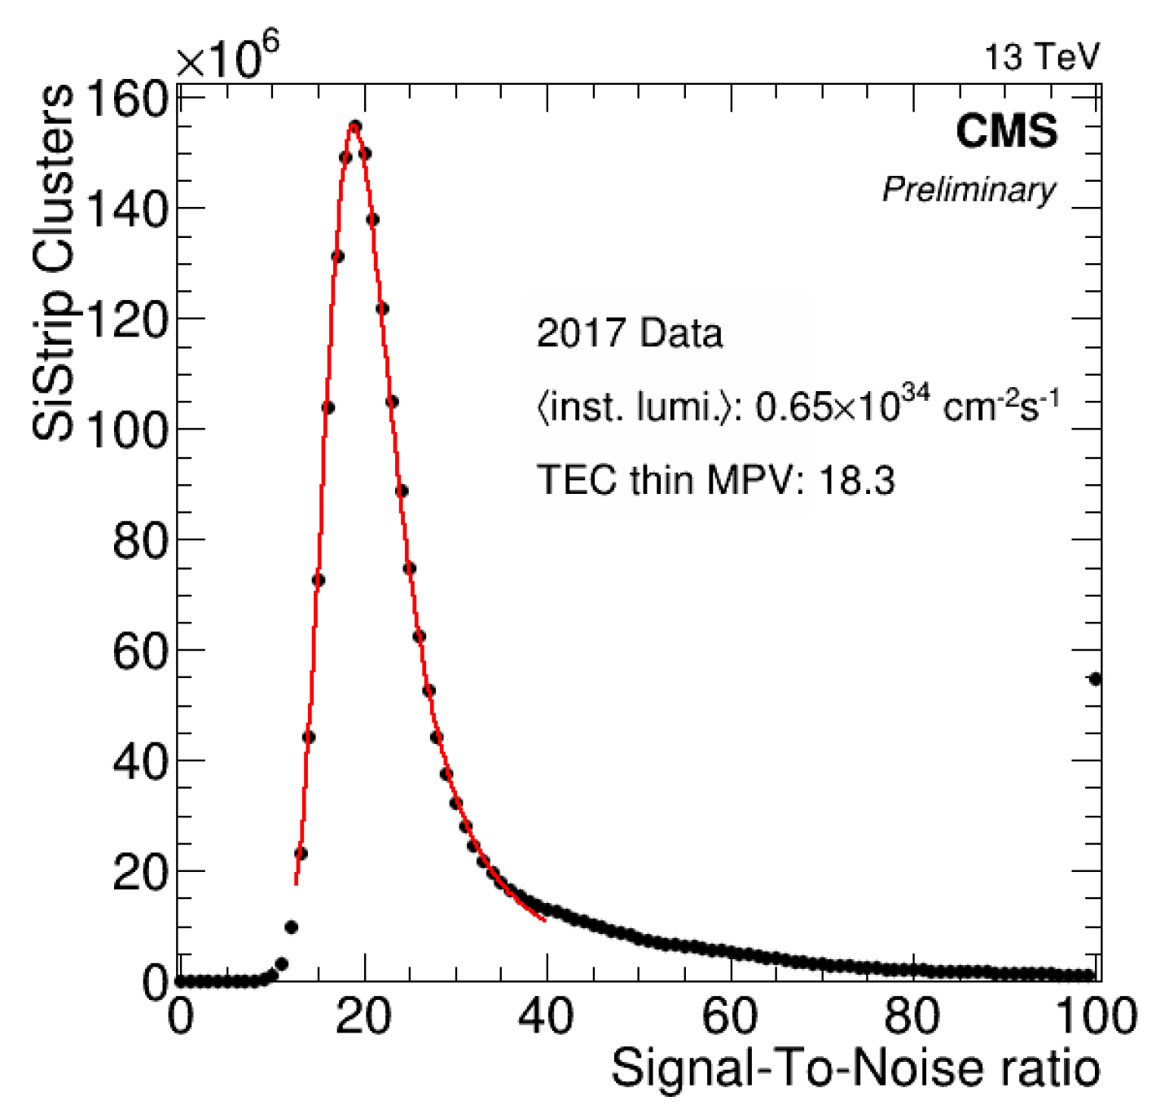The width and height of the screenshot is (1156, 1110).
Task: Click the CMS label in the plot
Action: [x=1006, y=131]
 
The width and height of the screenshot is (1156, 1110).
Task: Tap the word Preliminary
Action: [x=969, y=190]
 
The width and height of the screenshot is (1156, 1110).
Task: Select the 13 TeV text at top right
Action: [x=1042, y=57]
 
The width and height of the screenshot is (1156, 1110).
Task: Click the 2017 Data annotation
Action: [x=629, y=333]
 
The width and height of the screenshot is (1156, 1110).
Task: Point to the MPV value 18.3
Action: [x=856, y=480]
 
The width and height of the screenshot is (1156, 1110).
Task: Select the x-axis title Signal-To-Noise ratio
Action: [x=855, y=1068]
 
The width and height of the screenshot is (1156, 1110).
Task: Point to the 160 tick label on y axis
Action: [x=126, y=99]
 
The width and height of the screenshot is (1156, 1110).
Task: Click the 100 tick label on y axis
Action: [x=126, y=429]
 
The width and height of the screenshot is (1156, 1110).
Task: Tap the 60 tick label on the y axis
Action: [x=139, y=650]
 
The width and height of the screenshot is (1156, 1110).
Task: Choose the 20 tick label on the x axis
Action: [x=363, y=1016]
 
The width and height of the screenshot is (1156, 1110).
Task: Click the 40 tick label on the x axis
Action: [x=547, y=1016]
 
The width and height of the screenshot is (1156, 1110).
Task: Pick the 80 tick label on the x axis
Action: [x=913, y=1016]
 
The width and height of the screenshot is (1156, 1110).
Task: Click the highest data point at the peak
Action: [x=354, y=126]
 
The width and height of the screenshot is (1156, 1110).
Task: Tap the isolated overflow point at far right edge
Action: [x=1096, y=679]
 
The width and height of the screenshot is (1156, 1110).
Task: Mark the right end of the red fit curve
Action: [x=544, y=921]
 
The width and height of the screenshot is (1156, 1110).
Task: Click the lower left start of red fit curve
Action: [x=297, y=883]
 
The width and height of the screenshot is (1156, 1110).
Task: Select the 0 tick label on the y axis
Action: [x=155, y=982]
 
